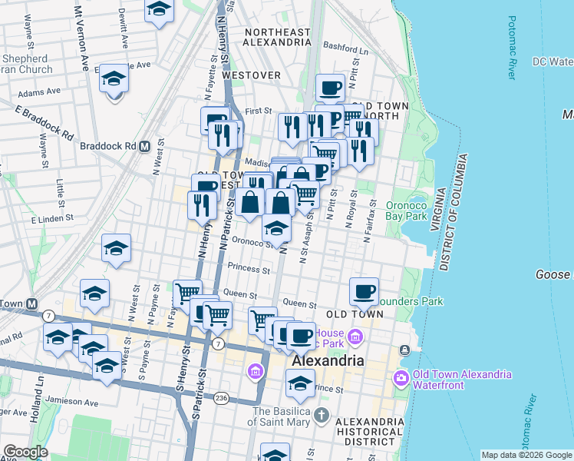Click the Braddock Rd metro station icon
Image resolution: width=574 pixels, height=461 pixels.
(x=143, y=146)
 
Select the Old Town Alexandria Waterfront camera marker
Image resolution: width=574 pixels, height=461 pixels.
(x=401, y=378)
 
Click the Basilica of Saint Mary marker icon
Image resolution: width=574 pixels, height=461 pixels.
(x=322, y=416)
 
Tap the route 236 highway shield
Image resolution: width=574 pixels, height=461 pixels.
(x=221, y=397)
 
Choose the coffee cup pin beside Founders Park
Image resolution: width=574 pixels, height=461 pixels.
(x=365, y=292)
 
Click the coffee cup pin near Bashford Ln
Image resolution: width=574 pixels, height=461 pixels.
(x=331, y=88)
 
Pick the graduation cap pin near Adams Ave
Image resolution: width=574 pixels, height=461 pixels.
(x=114, y=79)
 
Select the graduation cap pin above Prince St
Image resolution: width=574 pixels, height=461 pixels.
(x=300, y=382)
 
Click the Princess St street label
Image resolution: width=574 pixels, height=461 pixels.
(x=249, y=270)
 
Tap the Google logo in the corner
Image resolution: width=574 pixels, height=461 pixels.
(x=25, y=452)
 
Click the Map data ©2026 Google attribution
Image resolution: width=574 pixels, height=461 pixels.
(x=526, y=455)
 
